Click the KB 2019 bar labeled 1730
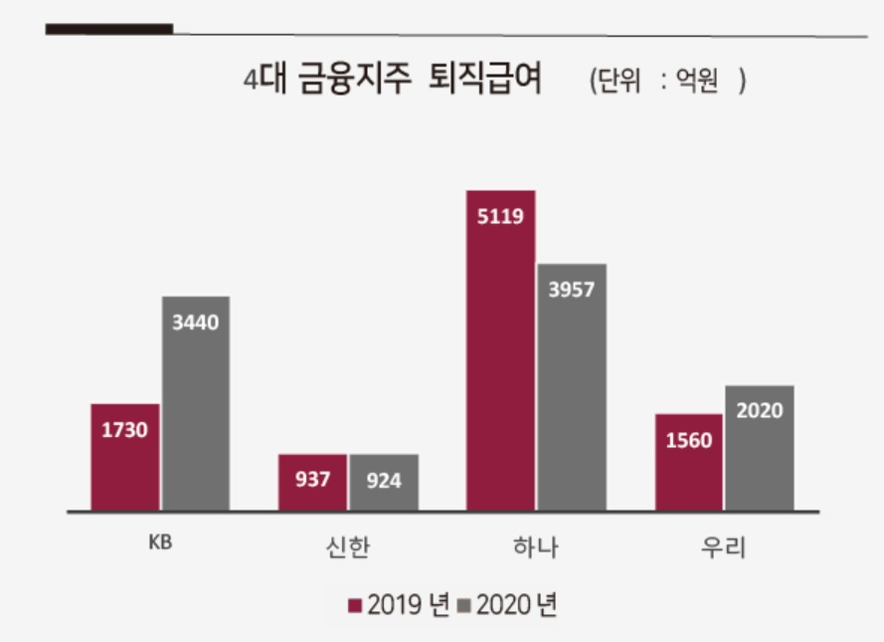[125, 457]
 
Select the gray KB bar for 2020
[196, 403]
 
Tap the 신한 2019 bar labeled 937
[312, 483]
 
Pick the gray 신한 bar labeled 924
[384, 483]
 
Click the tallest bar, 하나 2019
[500, 350]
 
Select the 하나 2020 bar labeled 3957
[572, 387]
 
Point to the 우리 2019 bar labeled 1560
[688, 463]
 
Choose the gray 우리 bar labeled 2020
[760, 448]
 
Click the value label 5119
[500, 216]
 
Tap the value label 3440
[195, 322]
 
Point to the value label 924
[384, 481]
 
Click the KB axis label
[160, 542]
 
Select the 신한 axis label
[348, 546]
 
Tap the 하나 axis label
[536, 546]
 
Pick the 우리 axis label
[723, 546]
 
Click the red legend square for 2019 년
[355, 605]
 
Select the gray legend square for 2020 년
[464, 605]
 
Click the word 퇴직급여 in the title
[485, 78]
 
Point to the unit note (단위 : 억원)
[667, 80]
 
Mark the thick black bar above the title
[109, 29]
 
